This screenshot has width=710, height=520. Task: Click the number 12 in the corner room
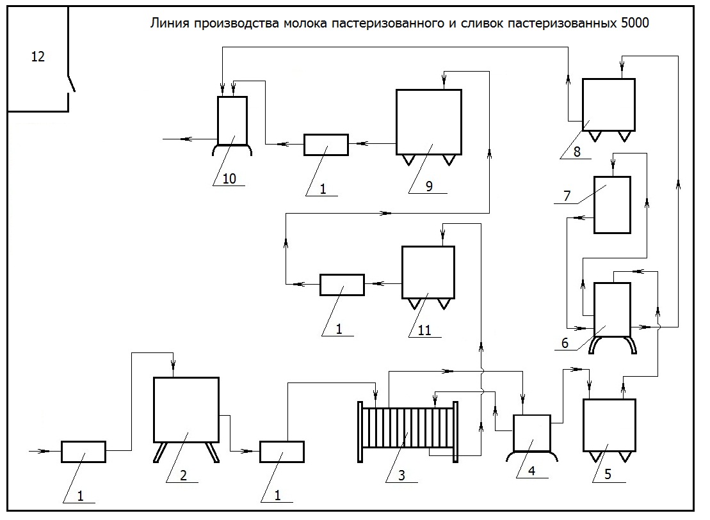(38, 56)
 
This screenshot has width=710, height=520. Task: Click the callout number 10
(229, 178)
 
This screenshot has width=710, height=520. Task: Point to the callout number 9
(429, 186)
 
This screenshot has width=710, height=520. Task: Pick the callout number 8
(577, 152)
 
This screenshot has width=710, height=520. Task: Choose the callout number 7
(567, 196)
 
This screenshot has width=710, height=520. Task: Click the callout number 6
(565, 343)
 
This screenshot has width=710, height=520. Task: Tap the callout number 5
(608, 475)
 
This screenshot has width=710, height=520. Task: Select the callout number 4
(531, 471)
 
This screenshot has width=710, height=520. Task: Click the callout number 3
(401, 475)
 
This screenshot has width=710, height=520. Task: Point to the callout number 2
(183, 475)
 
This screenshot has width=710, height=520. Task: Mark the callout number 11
(424, 331)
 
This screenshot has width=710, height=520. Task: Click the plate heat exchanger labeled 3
(408, 432)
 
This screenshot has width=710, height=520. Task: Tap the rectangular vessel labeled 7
(612, 205)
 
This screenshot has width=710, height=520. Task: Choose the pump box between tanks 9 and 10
(326, 145)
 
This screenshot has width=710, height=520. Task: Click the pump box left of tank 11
(343, 285)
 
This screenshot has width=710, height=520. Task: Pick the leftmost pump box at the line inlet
(83, 452)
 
